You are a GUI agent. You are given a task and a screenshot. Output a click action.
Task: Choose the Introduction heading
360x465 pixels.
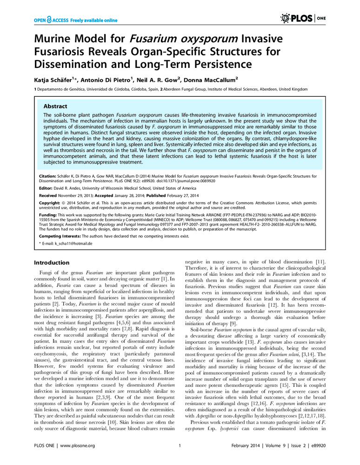click(x=52, y=262)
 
